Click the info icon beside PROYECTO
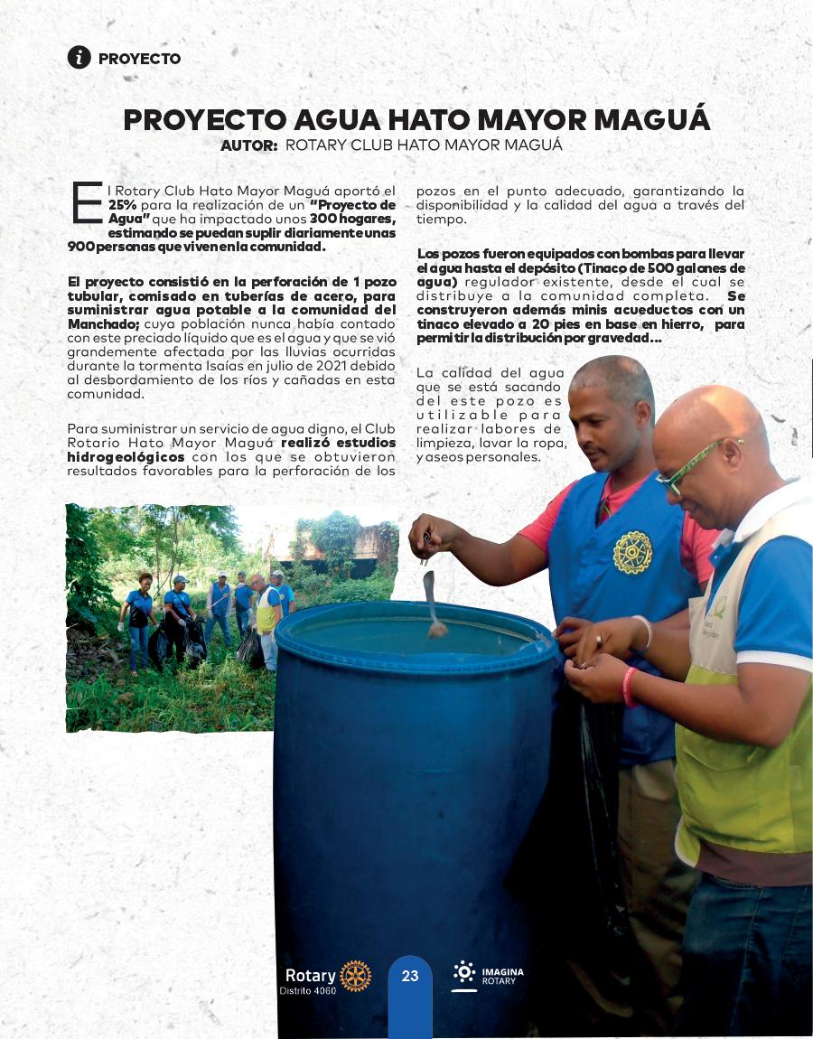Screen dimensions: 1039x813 (x=79, y=57)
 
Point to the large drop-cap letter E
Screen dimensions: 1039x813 (x=86, y=201)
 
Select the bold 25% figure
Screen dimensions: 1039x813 (x=123, y=205)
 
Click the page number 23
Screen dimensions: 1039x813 (x=410, y=976)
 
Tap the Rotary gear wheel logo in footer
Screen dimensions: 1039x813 (x=355, y=976)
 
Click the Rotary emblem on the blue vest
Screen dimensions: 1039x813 (x=632, y=552)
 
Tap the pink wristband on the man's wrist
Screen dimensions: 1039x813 (x=628, y=687)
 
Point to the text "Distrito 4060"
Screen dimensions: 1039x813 (x=307, y=991)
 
